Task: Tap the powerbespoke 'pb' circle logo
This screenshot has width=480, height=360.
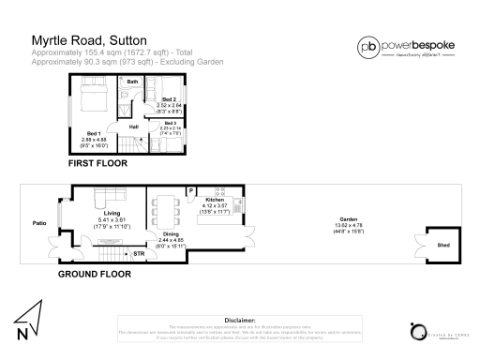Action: tap(369, 47)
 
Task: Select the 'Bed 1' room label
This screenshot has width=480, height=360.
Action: tap(93, 132)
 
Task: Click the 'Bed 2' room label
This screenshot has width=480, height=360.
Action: tap(170, 99)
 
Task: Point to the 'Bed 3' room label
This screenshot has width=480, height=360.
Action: tap(170, 123)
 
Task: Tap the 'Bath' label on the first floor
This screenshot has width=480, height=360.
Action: tap(133, 82)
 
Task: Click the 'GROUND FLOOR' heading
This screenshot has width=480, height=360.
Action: tap(94, 275)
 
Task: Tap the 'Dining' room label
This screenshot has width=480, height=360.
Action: tap(171, 234)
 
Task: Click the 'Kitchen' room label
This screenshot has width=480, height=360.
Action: tap(215, 200)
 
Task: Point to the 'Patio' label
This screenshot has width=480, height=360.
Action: tap(39, 223)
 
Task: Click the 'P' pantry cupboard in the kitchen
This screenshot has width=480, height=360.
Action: tap(191, 192)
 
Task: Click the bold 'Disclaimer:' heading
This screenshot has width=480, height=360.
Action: tap(240, 319)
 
